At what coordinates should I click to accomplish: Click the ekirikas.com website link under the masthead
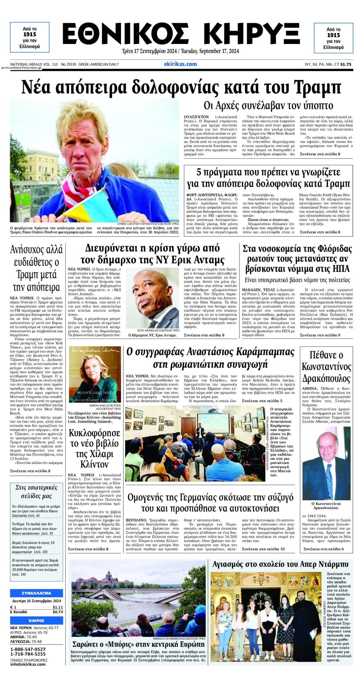[x=180, y=64]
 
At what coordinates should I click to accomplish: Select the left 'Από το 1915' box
[x=30, y=38]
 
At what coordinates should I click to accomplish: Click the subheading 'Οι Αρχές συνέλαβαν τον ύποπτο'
[x=268, y=105]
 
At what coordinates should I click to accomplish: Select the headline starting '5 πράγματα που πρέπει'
[x=268, y=178]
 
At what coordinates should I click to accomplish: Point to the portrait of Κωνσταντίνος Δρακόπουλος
[x=326, y=463]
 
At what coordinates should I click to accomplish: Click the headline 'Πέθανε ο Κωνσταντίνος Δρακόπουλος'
[x=326, y=367]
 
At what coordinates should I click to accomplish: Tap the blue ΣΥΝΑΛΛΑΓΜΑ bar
[x=36, y=593]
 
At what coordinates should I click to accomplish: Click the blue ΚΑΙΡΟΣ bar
[x=36, y=620]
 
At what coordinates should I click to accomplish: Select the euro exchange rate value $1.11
[x=57, y=607]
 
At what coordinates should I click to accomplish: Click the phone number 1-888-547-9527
[x=28, y=649]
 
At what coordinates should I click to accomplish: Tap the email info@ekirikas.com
[x=28, y=664]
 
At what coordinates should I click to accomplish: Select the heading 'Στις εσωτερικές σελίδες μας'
[x=36, y=491]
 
